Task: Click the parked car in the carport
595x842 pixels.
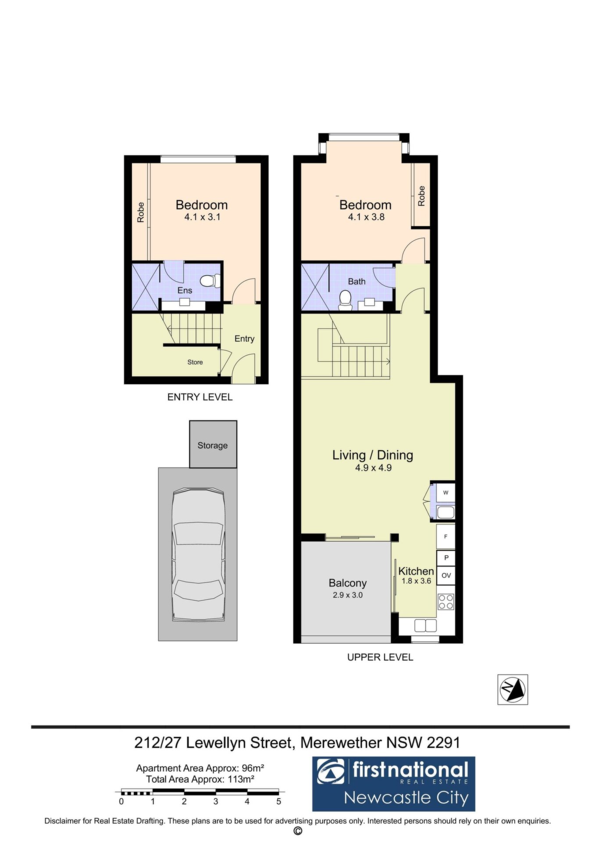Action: pyautogui.click(x=199, y=555)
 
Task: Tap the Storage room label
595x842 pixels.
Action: pyautogui.click(x=213, y=446)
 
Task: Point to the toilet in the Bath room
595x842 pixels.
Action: pyautogui.click(x=346, y=300)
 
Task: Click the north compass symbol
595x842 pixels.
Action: pyautogui.click(x=513, y=690)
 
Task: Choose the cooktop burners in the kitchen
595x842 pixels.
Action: pyautogui.click(x=446, y=601)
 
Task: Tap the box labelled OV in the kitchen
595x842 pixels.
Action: pyautogui.click(x=446, y=575)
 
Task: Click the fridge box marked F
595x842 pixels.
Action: pyautogui.click(x=446, y=536)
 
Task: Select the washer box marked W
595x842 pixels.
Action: pyautogui.click(x=446, y=492)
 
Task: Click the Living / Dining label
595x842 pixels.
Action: pyautogui.click(x=373, y=455)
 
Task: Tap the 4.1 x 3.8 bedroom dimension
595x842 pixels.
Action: pyautogui.click(x=366, y=217)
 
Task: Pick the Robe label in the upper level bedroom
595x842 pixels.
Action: pyautogui.click(x=421, y=196)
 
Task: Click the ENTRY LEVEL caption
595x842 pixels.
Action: pyautogui.click(x=200, y=397)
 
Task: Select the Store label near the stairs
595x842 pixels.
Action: pyautogui.click(x=195, y=362)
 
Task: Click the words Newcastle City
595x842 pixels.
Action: pyautogui.click(x=406, y=798)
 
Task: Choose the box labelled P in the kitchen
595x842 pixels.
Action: pyautogui.click(x=446, y=558)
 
